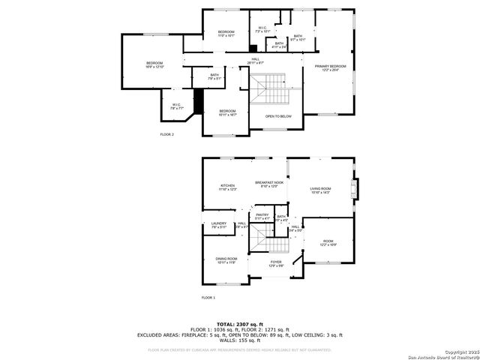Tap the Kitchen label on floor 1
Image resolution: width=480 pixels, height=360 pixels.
pos(227,187)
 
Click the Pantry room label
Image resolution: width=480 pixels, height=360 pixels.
pos(262,216)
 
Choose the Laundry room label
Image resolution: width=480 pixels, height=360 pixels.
pos(218,224)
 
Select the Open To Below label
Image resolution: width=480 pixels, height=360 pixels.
pos(278,116)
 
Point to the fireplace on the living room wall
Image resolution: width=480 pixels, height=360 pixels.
pos(357,186)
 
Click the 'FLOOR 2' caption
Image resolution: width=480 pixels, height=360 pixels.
pos(166,134)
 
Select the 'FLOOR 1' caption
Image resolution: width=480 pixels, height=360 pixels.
pos(208,298)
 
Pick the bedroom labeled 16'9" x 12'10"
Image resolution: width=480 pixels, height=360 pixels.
pos(154,64)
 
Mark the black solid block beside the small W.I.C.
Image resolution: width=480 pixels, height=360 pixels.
pos(199,100)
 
